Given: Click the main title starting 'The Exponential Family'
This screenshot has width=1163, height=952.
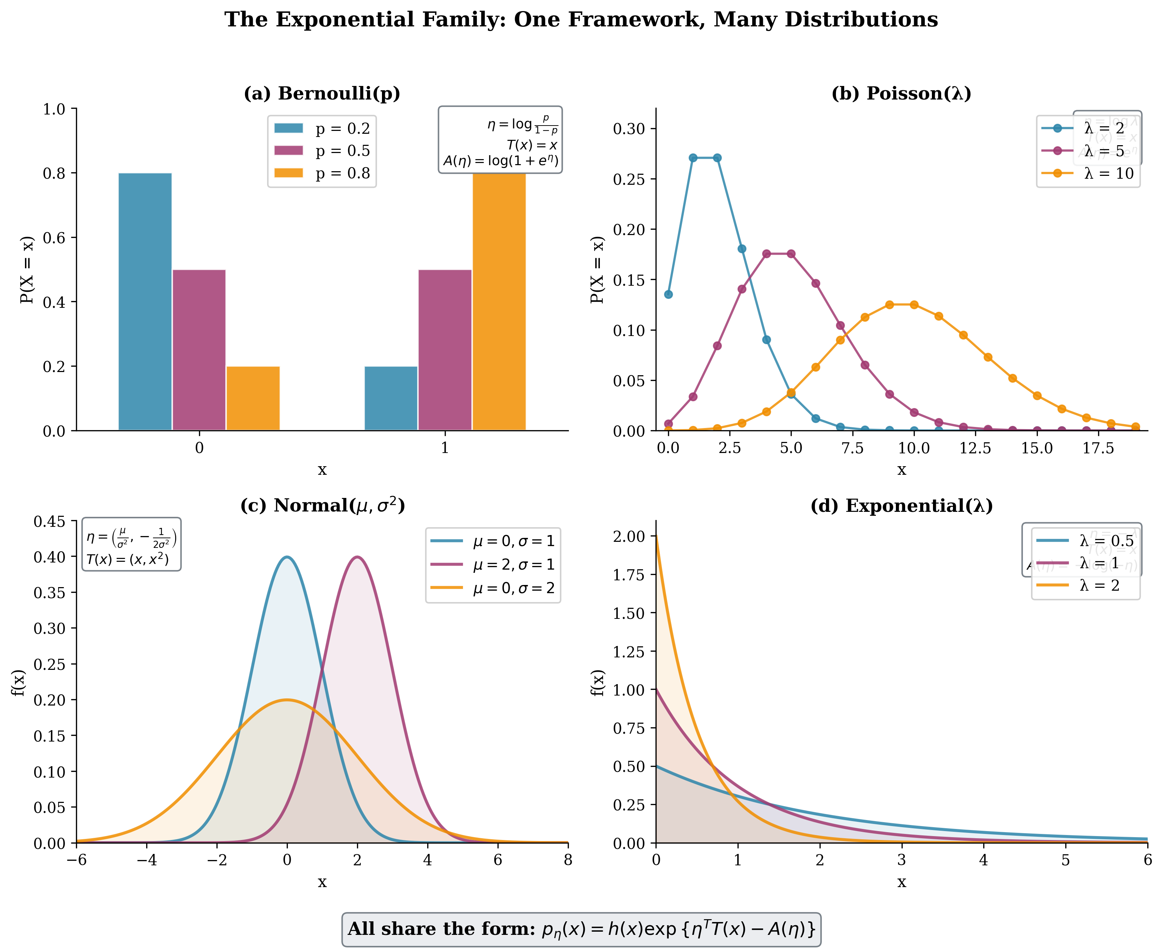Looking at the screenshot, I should pyautogui.click(x=581, y=20).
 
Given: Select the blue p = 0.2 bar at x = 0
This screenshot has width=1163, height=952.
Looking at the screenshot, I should pyautogui.click(x=145, y=302).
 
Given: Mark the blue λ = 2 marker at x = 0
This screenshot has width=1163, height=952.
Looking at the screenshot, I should pyautogui.click(x=668, y=295).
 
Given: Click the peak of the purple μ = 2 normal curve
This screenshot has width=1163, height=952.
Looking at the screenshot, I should pyautogui.click(x=357, y=557).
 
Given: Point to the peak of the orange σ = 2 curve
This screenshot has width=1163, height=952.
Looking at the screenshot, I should pyautogui.click(x=287, y=700).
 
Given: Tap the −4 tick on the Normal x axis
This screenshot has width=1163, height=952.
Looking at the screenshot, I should pyautogui.click(x=147, y=860).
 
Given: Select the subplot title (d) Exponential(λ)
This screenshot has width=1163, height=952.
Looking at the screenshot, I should pyautogui.click(x=901, y=506).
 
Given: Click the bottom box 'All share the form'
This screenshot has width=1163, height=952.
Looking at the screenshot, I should pyautogui.click(x=581, y=929).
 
